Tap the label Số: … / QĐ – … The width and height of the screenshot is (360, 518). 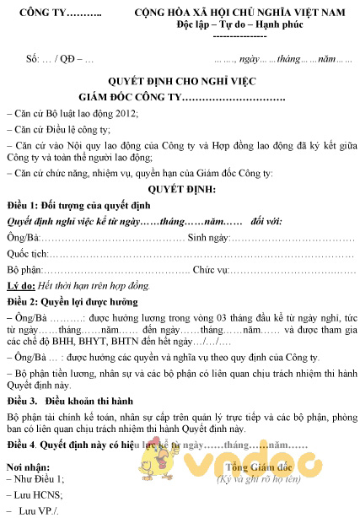point(60,60)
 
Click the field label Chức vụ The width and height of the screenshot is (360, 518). point(212,269)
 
